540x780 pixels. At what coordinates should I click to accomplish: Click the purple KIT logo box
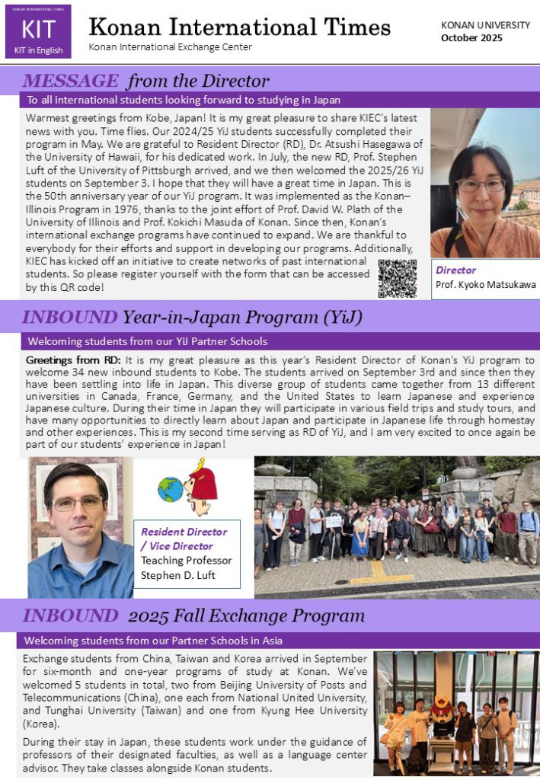pos(38,35)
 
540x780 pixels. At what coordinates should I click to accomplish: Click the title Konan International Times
pos(239,27)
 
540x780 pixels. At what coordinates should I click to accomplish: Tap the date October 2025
pos(471,38)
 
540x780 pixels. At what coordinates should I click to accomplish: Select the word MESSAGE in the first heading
pos(71,81)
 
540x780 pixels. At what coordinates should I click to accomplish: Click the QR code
pos(397,278)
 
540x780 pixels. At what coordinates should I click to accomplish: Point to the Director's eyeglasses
pos(481,184)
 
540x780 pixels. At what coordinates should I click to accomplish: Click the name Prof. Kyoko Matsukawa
pos(485,285)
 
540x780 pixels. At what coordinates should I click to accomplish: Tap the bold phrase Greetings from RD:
pos(74,360)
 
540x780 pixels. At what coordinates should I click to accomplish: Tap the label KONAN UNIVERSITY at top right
pos(485,25)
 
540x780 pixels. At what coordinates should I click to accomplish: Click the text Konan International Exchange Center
pos(170,47)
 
